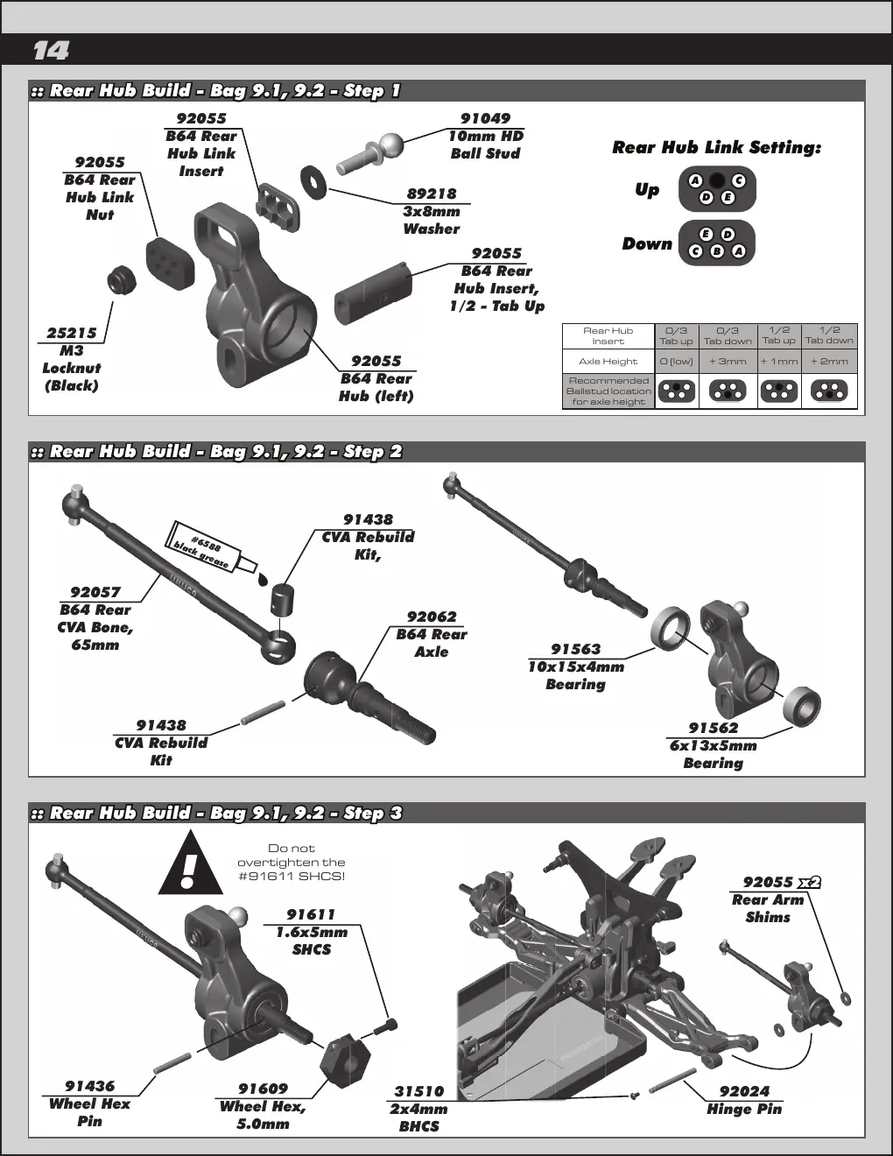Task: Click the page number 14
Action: pos(51,51)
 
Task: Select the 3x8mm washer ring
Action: pos(313,184)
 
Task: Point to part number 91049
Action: pos(485,118)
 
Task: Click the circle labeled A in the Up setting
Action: pos(695,181)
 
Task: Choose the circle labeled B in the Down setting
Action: pos(716,251)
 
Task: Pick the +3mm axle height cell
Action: pos(728,361)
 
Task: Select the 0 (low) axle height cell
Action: pos(677,361)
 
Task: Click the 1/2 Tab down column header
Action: pos(829,335)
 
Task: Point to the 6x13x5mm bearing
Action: pos(802,707)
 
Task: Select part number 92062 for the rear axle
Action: pos(432,617)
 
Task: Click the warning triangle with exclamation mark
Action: pos(190,863)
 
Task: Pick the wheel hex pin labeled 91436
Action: pos(172,1062)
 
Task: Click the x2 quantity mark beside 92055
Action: pos(809,883)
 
